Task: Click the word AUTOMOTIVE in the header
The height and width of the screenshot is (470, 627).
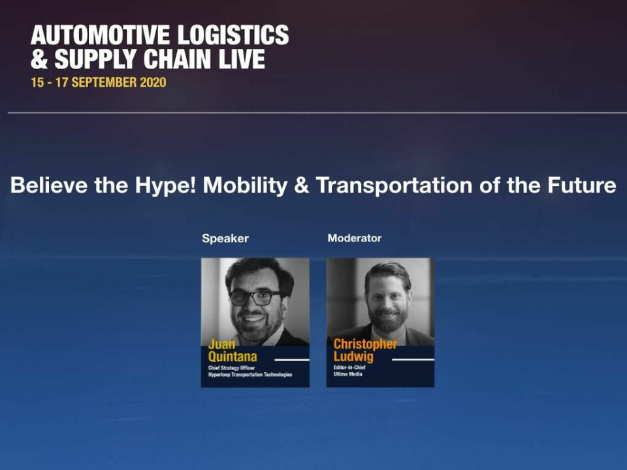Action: tap(101, 35)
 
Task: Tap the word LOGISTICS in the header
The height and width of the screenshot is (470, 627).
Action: tap(233, 35)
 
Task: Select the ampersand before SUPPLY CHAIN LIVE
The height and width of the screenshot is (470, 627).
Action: tap(39, 59)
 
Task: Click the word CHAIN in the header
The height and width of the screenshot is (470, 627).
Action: tap(177, 59)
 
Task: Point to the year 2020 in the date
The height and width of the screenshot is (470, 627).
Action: tap(153, 82)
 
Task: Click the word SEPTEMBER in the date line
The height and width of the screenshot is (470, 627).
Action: tap(104, 82)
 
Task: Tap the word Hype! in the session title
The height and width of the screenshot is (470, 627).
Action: tap(165, 185)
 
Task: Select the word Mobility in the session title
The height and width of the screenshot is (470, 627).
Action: tap(245, 185)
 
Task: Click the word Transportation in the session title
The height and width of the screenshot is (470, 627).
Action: tap(394, 185)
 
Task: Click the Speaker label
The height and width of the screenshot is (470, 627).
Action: tap(225, 239)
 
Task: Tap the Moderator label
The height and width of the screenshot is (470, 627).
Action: tap(354, 238)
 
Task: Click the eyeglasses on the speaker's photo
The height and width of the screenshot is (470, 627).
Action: tap(254, 298)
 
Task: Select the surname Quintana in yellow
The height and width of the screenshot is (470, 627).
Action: tap(233, 356)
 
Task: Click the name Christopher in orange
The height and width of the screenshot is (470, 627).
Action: tap(365, 344)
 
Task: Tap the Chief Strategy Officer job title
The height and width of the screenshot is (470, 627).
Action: tap(231, 368)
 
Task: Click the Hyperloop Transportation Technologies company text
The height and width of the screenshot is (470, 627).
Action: tap(250, 375)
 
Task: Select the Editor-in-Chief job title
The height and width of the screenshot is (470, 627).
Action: tap(349, 368)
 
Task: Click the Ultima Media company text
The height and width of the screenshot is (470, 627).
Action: tap(347, 374)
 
